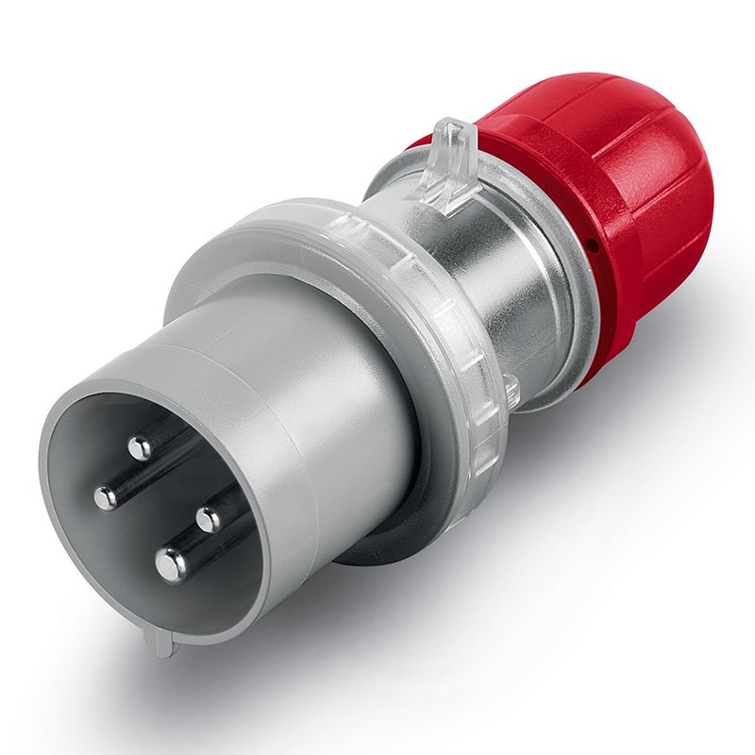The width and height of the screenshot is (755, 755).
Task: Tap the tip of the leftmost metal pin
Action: (105, 496)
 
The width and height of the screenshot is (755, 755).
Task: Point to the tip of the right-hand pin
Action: (208, 519)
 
